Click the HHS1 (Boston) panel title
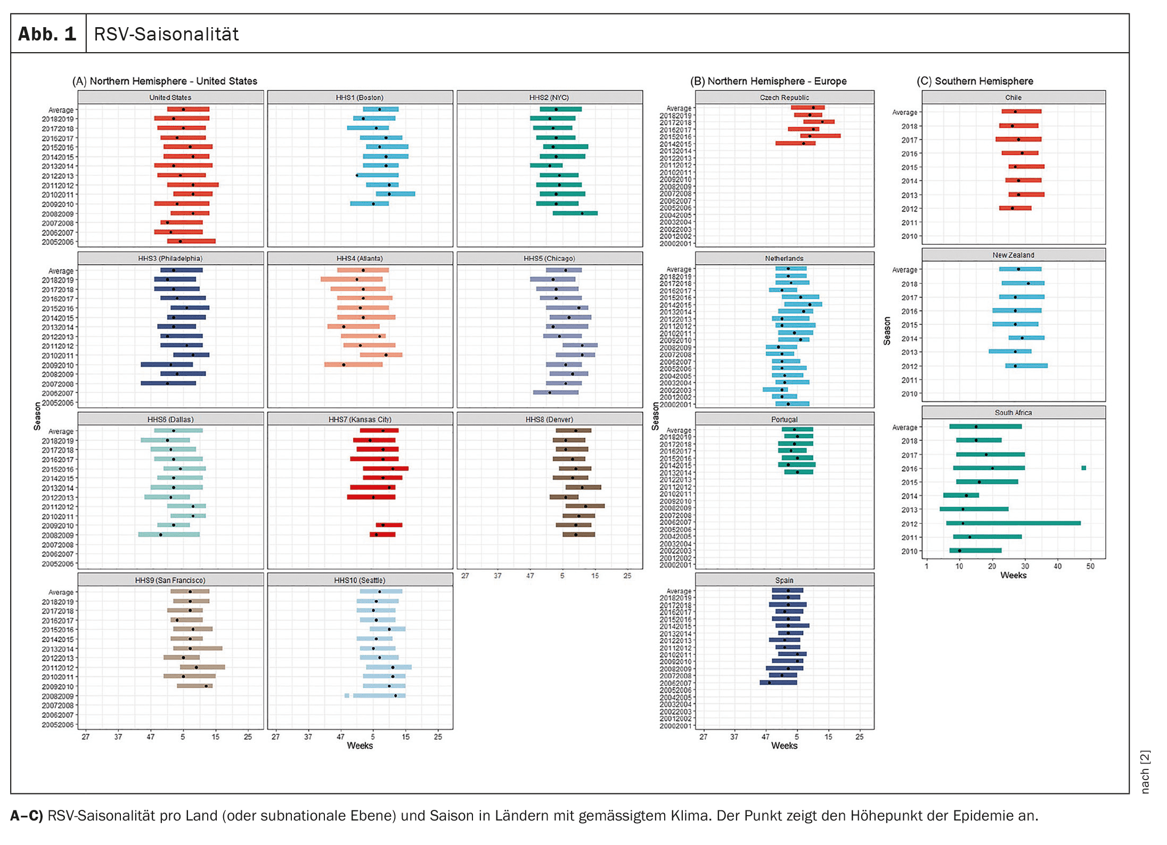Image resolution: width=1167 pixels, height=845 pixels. (360, 97)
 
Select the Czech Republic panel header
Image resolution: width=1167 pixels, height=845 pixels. (784, 97)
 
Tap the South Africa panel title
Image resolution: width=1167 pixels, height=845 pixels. (1013, 413)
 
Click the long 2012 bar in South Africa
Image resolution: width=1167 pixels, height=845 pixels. (1013, 523)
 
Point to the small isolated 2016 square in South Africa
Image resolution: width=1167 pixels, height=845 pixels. (1083, 468)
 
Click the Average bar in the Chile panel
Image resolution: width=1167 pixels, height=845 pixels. (1021, 111)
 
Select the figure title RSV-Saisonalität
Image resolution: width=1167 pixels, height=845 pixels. (166, 34)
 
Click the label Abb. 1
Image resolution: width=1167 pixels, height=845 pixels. (47, 34)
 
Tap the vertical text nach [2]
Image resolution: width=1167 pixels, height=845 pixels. (1145, 772)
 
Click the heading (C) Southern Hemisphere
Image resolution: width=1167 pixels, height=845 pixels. (975, 81)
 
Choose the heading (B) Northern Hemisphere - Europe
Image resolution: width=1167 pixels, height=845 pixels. (768, 81)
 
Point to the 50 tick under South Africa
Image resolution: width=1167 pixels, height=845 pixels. (1090, 566)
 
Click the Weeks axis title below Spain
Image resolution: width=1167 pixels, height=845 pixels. (784, 746)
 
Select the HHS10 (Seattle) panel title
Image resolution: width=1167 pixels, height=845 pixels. (360, 580)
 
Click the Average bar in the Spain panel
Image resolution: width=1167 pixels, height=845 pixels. (787, 590)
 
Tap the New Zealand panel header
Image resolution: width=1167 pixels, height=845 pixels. (1013, 255)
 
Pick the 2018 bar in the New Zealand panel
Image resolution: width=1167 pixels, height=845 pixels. (1023, 283)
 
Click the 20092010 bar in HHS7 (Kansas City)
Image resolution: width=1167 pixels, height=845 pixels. (389, 525)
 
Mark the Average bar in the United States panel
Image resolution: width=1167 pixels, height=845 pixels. (188, 109)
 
